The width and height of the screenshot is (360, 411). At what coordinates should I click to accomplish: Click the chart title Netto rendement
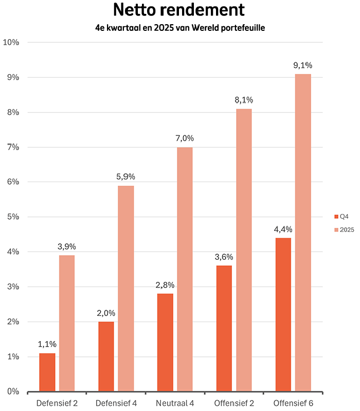pyautogui.click(x=178, y=11)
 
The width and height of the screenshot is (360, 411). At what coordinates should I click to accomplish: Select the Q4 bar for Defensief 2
pyautogui.click(x=47, y=372)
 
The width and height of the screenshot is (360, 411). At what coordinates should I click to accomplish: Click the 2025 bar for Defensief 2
pyautogui.click(x=67, y=324)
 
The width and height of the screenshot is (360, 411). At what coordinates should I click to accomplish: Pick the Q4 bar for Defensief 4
pyautogui.click(x=106, y=356)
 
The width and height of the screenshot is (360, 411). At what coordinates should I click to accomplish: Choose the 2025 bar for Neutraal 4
pyautogui.click(x=185, y=270)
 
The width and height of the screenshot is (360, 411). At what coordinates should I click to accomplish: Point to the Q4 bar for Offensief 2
pyautogui.click(x=224, y=329)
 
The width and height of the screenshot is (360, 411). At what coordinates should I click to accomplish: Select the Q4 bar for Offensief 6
pyautogui.click(x=283, y=315)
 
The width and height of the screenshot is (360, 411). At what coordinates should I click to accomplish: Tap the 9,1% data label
pyautogui.click(x=303, y=65)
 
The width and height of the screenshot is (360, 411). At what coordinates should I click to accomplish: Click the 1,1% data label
pyautogui.click(x=47, y=344)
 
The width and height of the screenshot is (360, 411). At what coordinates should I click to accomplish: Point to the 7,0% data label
pyautogui.click(x=185, y=138)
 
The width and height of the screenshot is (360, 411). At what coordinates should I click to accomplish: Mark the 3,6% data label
pyautogui.click(x=224, y=257)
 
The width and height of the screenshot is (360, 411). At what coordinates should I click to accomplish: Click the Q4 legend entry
pyautogui.click(x=341, y=216)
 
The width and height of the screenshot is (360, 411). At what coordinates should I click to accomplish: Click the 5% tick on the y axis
pyautogui.click(x=12, y=217)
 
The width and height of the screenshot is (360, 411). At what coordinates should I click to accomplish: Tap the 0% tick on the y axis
pyautogui.click(x=12, y=391)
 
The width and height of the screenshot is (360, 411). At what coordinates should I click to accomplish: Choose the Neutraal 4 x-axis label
pyautogui.click(x=175, y=403)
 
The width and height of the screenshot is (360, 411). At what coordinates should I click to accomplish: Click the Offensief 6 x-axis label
pyautogui.click(x=293, y=403)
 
